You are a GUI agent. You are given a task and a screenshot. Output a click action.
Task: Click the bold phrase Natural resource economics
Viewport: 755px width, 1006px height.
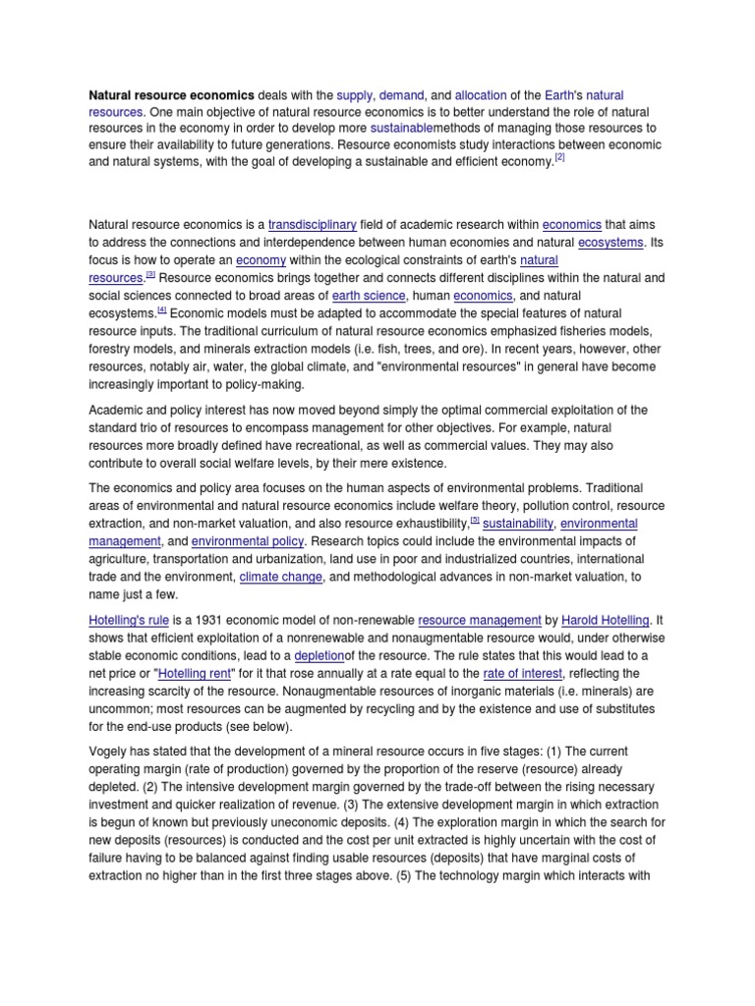pos(171,95)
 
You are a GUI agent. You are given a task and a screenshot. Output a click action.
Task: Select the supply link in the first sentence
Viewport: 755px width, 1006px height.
pos(353,95)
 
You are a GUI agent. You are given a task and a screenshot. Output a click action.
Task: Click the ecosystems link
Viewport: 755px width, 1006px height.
pos(610,242)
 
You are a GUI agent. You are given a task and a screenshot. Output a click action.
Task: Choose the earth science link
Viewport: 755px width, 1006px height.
pos(369,295)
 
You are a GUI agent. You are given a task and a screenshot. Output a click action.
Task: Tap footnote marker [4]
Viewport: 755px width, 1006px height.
pos(163,309)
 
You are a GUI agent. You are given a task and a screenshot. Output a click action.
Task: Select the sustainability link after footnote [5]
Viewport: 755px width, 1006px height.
pos(518,524)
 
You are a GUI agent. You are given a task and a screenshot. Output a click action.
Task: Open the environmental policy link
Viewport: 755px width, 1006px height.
pos(248,540)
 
